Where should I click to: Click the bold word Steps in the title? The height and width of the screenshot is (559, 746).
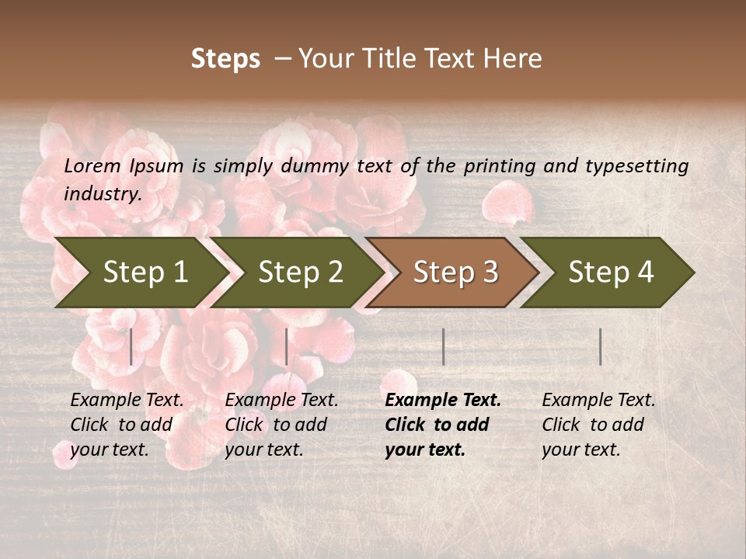225,59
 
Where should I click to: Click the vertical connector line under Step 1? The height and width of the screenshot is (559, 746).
131,346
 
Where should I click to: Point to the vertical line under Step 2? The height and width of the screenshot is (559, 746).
287,346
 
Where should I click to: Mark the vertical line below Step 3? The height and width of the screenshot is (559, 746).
444,346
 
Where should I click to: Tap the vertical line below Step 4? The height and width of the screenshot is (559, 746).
601,346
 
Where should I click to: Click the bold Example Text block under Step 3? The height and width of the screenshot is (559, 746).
443,425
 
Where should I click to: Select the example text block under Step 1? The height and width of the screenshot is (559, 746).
127,425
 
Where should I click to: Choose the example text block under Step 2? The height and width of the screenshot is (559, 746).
281,425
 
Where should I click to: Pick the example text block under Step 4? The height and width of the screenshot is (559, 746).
598,425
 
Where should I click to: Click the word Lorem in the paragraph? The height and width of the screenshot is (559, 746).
92,166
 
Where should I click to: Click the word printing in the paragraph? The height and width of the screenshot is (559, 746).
500,166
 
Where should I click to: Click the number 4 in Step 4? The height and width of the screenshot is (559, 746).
645,272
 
